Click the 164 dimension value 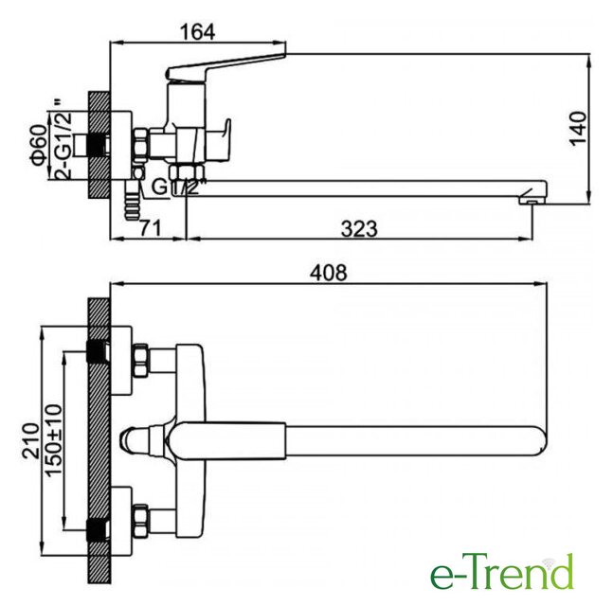click(197, 32)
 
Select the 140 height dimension click(578, 129)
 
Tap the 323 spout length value click(359, 229)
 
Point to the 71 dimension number click(150, 228)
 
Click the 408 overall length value click(329, 273)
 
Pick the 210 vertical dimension click(30, 440)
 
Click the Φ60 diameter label click(39, 145)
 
